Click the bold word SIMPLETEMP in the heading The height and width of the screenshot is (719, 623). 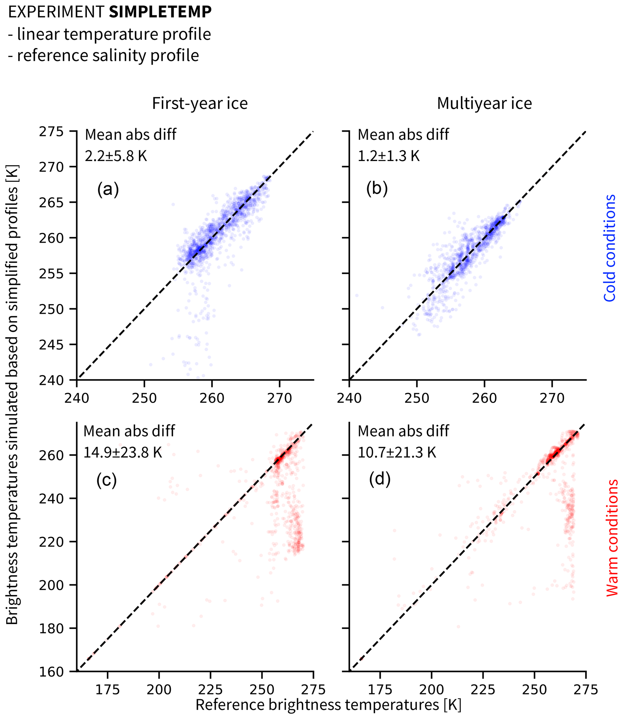point(160,12)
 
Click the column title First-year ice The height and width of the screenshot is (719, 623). point(200,104)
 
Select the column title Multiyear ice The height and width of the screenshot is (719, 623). point(484,104)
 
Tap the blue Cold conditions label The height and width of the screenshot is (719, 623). point(609,248)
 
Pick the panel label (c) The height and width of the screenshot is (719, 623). point(106,480)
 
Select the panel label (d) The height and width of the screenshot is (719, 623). point(380,479)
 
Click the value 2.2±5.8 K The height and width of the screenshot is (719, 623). point(116,156)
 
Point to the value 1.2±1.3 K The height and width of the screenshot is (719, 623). point(389,156)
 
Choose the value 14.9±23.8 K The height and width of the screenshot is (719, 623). point(123,453)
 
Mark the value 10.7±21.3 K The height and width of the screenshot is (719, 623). point(397,453)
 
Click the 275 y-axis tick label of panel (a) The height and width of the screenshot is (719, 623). point(51,132)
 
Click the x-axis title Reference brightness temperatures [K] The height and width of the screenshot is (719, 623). point(328,705)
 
